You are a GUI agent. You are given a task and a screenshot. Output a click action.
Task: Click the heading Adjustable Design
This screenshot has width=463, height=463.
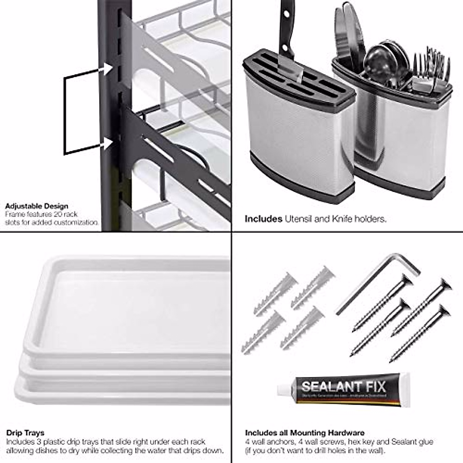[37, 206]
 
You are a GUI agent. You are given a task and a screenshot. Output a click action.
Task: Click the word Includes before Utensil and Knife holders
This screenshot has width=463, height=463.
[264, 219]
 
